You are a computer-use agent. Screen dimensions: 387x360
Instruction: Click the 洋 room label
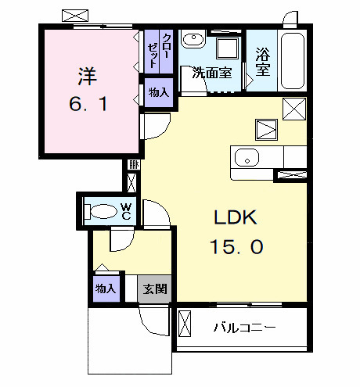[87, 76]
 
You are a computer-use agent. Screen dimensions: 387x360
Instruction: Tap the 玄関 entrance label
[155, 288]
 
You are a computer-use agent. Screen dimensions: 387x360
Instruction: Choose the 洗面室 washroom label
[212, 73]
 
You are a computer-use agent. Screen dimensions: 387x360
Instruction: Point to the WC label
[126, 212]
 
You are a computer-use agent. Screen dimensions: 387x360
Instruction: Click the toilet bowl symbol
[100, 211]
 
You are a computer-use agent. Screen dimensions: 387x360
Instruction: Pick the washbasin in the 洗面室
[193, 40]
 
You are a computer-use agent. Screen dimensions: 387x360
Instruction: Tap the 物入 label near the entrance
[106, 288]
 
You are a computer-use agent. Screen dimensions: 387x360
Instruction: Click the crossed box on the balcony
[185, 324]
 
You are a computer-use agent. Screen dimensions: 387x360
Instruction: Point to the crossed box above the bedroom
[76, 16]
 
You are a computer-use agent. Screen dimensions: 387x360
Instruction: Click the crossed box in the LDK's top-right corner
[293, 109]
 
